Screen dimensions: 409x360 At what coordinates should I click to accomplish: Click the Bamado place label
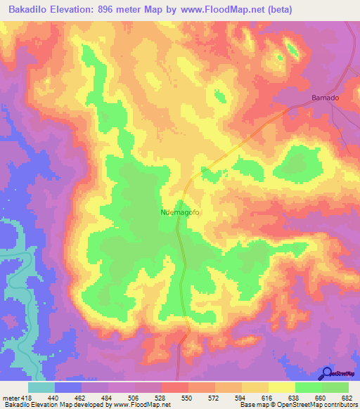pos(326,98)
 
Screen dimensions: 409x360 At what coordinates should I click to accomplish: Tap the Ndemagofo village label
pos(181,210)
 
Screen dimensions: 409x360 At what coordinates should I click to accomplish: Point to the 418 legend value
pos(26,397)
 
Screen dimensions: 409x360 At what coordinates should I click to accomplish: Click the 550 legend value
pos(186,397)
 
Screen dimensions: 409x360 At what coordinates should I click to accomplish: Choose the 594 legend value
pos(240,397)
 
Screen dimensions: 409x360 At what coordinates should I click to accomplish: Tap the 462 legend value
pos(81,397)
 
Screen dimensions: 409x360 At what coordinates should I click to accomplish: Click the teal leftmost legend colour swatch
pos(41,387)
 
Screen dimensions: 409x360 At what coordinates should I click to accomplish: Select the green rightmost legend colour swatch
pos(335,387)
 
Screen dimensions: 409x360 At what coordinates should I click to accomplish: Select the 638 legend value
pos(292,397)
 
